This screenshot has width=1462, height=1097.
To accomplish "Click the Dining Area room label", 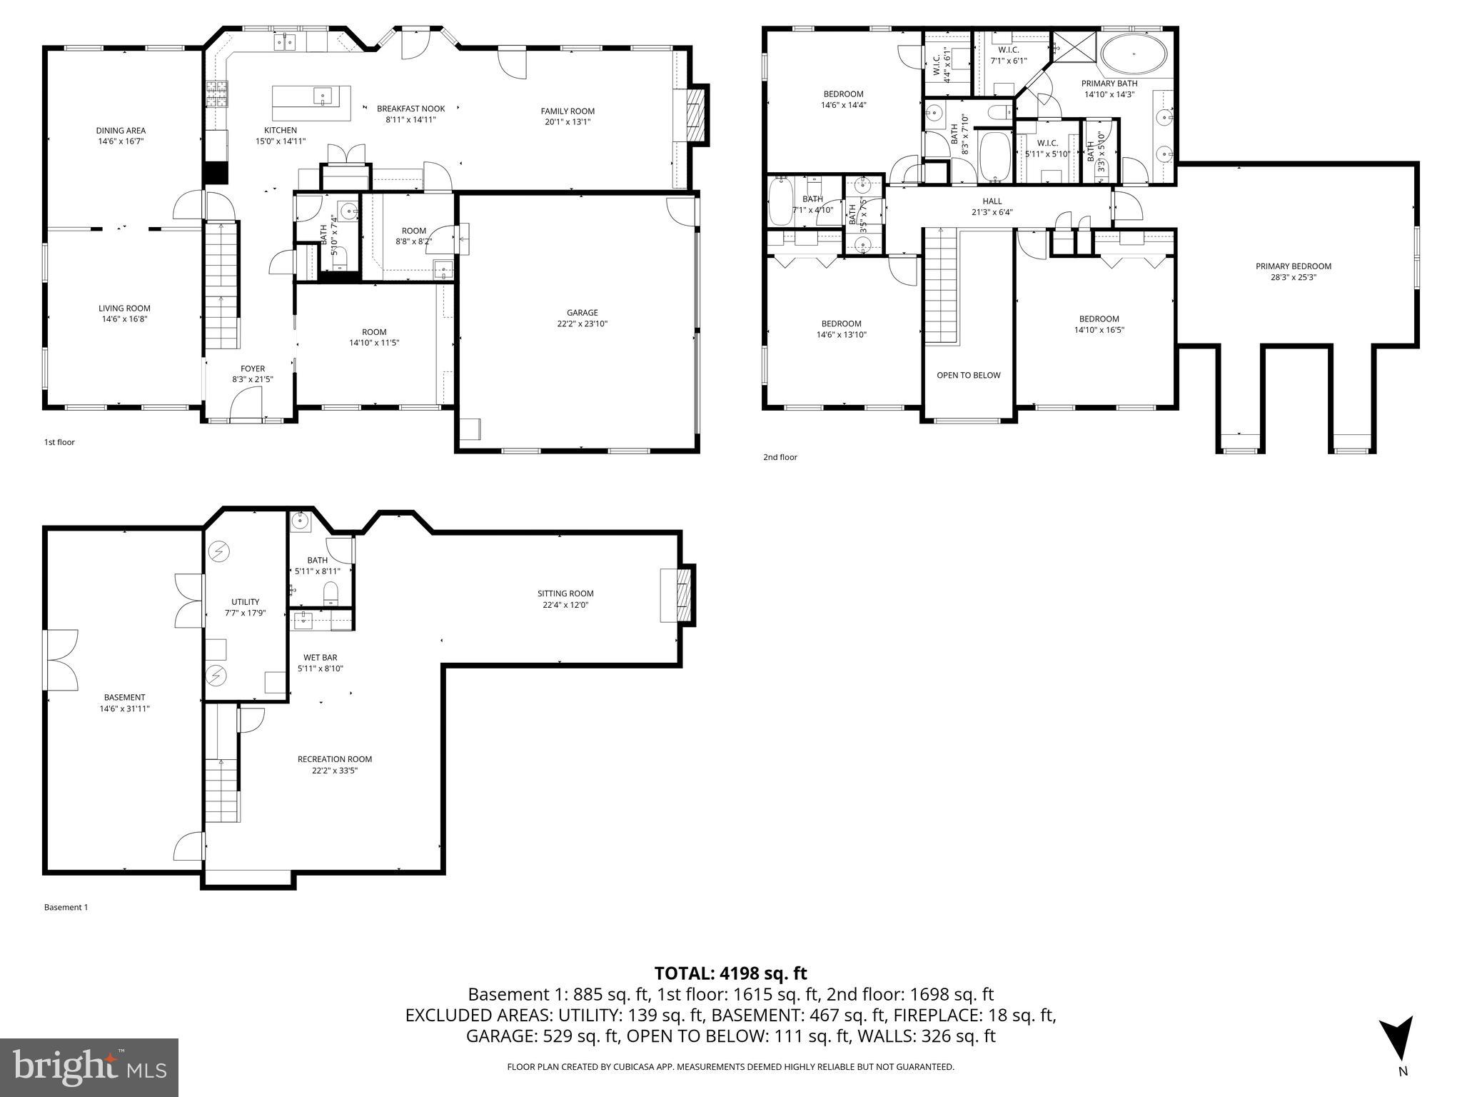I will tap(121, 131).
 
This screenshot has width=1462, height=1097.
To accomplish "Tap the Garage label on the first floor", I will tap(582, 313).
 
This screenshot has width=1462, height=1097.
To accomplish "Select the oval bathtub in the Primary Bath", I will tap(1134, 55).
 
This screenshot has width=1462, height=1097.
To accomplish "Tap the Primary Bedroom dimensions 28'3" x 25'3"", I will tap(1293, 278).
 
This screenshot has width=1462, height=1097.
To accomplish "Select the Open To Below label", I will tap(968, 375).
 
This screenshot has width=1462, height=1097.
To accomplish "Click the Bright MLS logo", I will tap(89, 1067).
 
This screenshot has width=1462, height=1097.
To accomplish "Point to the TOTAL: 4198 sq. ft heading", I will tap(730, 973).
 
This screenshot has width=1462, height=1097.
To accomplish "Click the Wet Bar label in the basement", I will tap(320, 658).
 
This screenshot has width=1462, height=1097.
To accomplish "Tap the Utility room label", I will tap(245, 602).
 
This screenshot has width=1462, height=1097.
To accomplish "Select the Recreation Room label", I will tap(334, 759).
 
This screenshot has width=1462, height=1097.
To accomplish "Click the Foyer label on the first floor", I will tap(253, 369).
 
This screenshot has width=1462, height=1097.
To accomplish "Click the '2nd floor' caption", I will tap(780, 457).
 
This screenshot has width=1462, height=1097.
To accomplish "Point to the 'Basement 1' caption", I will tap(66, 908).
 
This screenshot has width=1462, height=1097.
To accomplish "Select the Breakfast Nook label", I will tap(410, 109).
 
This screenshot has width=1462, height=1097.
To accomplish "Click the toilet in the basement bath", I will tap(331, 592).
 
